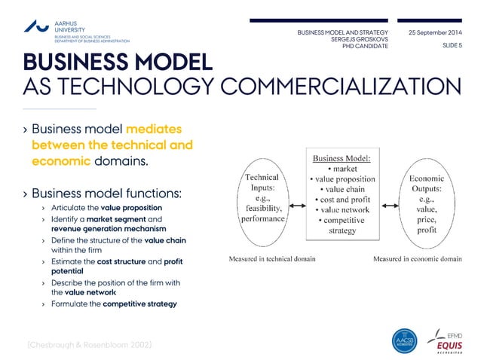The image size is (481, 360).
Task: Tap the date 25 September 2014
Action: coord(435,33)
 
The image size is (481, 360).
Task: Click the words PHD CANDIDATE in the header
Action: coord(365,46)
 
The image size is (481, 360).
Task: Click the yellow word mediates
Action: coord(154,129)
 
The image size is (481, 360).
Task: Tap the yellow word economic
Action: coord(61,161)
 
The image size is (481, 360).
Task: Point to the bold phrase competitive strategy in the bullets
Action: coord(139,304)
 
